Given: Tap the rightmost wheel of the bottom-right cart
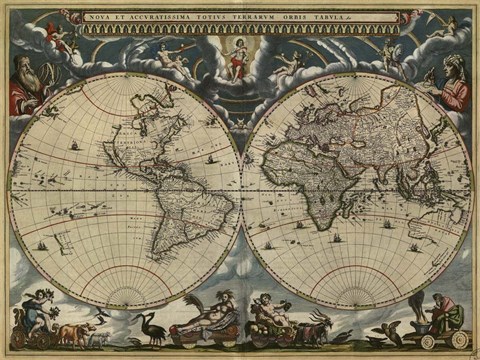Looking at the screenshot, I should click(x=458, y=341).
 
